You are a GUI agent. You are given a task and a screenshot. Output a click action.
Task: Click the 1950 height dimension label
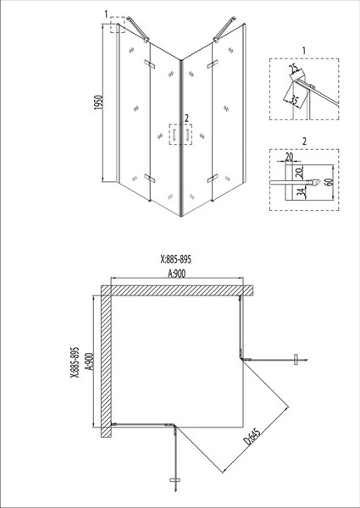(98, 102)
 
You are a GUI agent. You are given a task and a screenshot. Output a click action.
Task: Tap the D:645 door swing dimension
(252, 435)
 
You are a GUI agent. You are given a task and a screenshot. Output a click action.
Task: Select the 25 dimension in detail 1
(294, 69)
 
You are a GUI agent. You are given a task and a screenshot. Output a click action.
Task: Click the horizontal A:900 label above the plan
(176, 274)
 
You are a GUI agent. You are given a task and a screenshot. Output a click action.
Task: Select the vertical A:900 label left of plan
(90, 361)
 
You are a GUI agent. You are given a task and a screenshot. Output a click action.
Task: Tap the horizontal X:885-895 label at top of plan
(176, 259)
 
